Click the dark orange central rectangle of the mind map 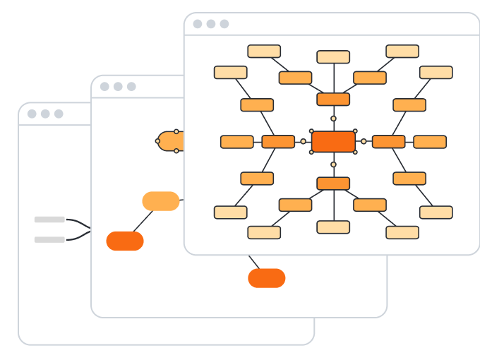pyautogui.click(x=333, y=141)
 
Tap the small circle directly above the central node pyautogui.click(x=333, y=119)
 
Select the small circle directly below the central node pyautogui.click(x=333, y=164)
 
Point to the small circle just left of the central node pyautogui.click(x=304, y=141)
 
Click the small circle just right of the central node pyautogui.click(x=364, y=141)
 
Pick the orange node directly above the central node pyautogui.click(x=333, y=99)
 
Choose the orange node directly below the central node pyautogui.click(x=333, y=184)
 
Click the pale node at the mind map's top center pyautogui.click(x=333, y=57)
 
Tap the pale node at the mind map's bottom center pyautogui.click(x=333, y=227)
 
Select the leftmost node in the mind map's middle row pyautogui.click(x=237, y=142)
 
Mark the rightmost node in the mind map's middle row pyautogui.click(x=430, y=142)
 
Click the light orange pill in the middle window pyautogui.click(x=161, y=201)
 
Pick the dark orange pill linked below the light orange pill pyautogui.click(x=125, y=241)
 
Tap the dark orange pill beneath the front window pyautogui.click(x=267, y=278)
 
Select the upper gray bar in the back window pyautogui.click(x=49, y=220)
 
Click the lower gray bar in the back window pyautogui.click(x=49, y=239)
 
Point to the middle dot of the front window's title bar pyautogui.click(x=211, y=24)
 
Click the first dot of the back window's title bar pyautogui.click(x=32, y=114)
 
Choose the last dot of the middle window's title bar pyautogui.click(x=131, y=87)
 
